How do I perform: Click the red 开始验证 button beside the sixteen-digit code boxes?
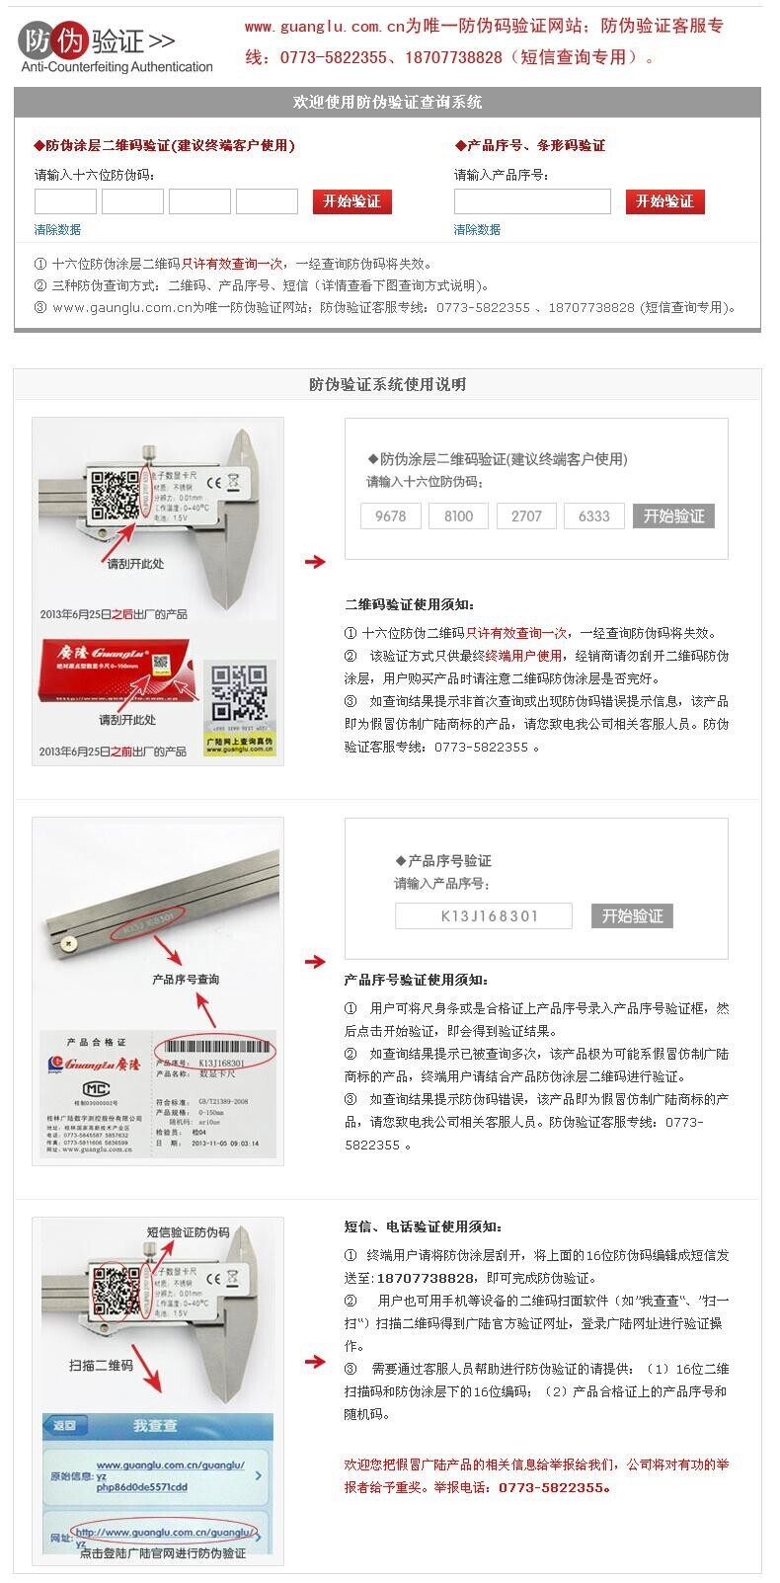pos(352,201)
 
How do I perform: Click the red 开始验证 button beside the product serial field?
pos(664,201)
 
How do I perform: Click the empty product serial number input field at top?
pos(532,201)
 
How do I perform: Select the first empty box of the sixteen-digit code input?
pos(65,201)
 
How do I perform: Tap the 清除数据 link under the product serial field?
pos(477,229)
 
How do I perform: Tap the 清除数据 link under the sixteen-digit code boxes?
pos(57,229)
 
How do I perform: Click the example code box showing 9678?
pos(390,515)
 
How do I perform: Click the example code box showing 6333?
pos(593,515)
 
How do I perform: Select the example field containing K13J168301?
pos(483,915)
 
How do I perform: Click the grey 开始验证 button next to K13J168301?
pos(632,915)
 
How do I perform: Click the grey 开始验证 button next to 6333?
pos(673,515)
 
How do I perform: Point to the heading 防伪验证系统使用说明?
pos(387,384)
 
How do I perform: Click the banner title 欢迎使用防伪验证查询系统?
pos(387,102)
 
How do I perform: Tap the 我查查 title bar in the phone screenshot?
pos(156,1426)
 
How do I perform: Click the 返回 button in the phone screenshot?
pos(65,1425)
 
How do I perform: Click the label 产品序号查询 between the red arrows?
pos(186,979)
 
